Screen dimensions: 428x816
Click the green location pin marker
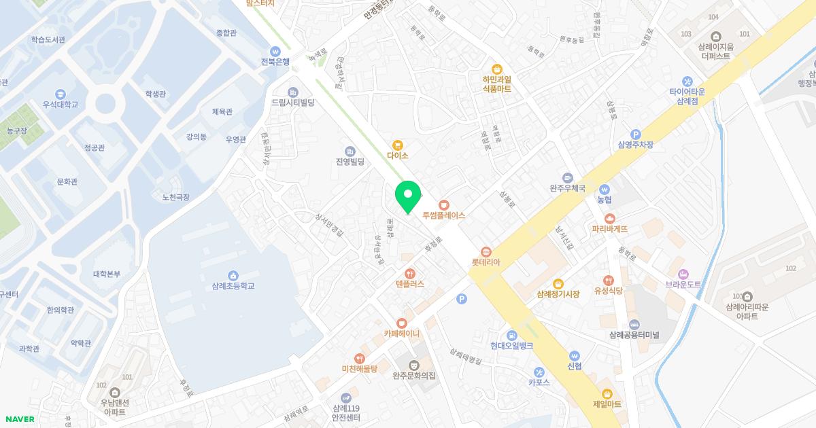click(x=408, y=196)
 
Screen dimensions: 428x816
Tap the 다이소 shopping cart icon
click(x=398, y=145)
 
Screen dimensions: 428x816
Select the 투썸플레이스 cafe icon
click(x=443, y=204)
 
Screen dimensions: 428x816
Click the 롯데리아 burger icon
click(x=486, y=251)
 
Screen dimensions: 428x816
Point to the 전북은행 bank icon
click(x=275, y=51)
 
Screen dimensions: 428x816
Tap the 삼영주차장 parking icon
click(x=636, y=135)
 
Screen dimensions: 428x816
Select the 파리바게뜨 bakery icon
click(x=609, y=218)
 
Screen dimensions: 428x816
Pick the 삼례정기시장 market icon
click(x=558, y=283)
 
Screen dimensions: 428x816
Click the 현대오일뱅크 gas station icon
click(x=511, y=335)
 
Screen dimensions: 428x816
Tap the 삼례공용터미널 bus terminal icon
click(x=634, y=324)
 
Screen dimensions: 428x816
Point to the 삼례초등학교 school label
click(x=233, y=286)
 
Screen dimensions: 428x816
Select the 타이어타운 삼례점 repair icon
click(x=687, y=81)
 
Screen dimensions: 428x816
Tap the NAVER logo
click(x=20, y=419)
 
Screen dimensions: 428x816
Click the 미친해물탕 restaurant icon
click(x=359, y=358)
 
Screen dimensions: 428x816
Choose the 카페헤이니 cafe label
click(x=401, y=334)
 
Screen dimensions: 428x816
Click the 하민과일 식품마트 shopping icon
click(x=497, y=69)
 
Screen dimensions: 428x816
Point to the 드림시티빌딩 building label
click(x=292, y=103)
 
